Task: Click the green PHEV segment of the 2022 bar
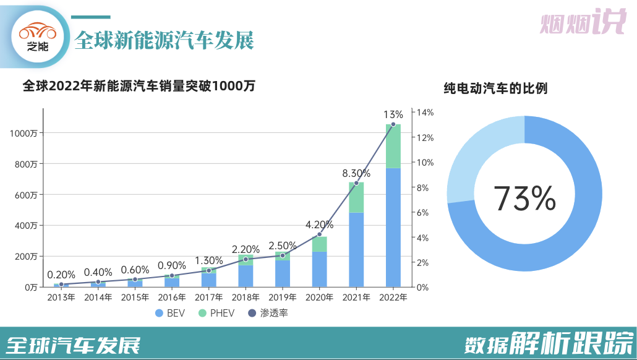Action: (x=393, y=147)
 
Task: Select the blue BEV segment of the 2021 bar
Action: (x=356, y=249)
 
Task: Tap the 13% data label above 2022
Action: (x=393, y=114)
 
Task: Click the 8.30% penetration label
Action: (x=356, y=174)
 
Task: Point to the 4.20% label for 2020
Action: (x=319, y=225)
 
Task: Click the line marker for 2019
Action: (x=283, y=255)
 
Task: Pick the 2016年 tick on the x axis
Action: (x=172, y=297)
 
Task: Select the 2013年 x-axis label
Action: (x=61, y=297)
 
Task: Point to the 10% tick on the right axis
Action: (x=426, y=163)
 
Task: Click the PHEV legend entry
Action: (x=216, y=313)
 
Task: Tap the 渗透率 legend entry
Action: (x=268, y=313)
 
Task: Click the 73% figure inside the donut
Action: (x=524, y=198)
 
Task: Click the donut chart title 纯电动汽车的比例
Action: (x=495, y=88)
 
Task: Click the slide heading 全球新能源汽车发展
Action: (x=164, y=40)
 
